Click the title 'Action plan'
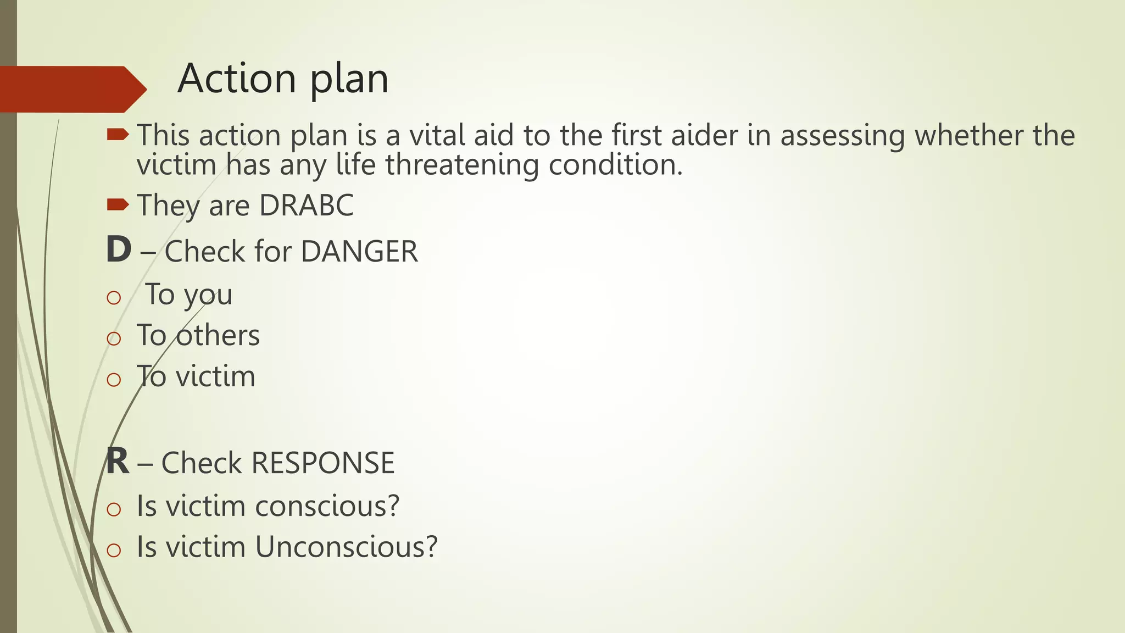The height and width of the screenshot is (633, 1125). (283, 79)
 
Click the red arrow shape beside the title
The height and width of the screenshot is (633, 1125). (71, 89)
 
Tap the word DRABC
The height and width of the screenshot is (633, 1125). (306, 206)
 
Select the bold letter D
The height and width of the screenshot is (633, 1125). (119, 250)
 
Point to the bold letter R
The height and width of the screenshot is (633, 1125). (118, 462)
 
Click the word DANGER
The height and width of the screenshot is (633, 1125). (359, 252)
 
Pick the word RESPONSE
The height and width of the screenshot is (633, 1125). (323, 463)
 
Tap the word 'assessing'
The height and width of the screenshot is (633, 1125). (842, 136)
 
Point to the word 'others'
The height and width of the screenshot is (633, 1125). (218, 335)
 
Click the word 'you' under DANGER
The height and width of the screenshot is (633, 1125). (208, 295)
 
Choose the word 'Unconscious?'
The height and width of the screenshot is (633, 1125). (347, 547)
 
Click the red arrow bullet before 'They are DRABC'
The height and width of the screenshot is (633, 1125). (118, 205)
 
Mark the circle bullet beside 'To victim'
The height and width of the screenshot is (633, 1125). (114, 379)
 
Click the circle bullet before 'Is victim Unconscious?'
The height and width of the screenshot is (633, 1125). (114, 550)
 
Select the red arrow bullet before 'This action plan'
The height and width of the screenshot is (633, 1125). (118, 134)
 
